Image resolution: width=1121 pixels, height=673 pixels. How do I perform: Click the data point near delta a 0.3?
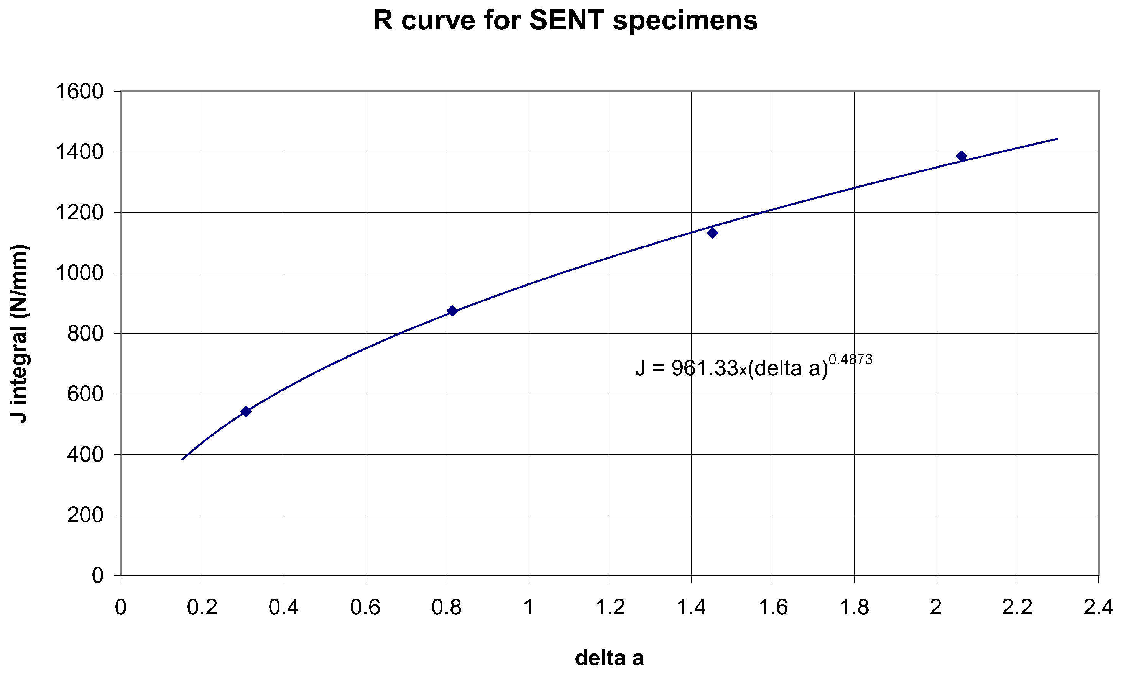(246, 411)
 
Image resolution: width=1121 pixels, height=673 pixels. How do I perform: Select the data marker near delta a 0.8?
(452, 311)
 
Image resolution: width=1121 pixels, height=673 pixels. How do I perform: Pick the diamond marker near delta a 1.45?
(713, 233)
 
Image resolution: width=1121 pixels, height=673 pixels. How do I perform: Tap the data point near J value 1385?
(961, 156)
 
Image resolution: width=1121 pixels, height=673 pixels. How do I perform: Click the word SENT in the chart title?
(566, 20)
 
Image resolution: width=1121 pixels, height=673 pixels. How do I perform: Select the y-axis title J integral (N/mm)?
(19, 333)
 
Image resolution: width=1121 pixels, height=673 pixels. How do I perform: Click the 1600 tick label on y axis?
(79, 91)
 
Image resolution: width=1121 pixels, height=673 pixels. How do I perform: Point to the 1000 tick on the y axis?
(79, 273)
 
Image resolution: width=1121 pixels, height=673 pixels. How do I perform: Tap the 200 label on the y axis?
(85, 515)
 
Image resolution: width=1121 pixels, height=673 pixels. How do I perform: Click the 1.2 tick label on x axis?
(610, 607)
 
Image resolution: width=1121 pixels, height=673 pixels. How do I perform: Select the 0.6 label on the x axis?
(365, 607)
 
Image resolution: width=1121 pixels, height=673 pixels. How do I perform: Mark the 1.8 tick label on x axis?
(854, 607)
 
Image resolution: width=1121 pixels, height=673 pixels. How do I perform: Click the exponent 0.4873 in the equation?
(850, 359)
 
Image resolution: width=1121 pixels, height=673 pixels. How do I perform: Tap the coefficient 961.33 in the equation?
(705, 368)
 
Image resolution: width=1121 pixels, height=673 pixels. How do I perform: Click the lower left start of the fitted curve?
(182, 459)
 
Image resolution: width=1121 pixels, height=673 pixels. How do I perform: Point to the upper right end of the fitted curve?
(1057, 139)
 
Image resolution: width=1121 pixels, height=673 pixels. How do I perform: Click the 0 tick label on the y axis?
(98, 575)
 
